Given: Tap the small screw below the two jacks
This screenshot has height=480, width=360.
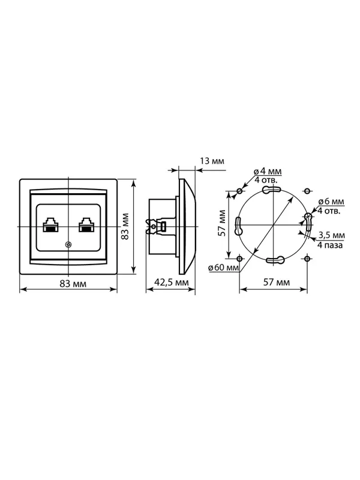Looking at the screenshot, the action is (68, 245).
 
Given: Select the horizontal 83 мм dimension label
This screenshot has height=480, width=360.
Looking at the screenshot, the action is (73, 284).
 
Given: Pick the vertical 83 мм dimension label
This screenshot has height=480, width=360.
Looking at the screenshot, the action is (125, 226).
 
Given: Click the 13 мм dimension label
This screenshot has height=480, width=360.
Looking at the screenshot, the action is (212, 161).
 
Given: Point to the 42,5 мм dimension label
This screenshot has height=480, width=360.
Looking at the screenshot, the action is (172, 282).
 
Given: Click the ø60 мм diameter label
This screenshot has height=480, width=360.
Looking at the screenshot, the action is (223, 267).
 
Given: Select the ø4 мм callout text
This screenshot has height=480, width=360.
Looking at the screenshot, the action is (268, 172).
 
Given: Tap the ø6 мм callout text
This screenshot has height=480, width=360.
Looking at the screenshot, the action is (331, 202).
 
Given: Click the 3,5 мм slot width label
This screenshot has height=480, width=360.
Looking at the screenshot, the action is (332, 235).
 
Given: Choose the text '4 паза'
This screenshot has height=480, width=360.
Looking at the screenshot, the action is (330, 245).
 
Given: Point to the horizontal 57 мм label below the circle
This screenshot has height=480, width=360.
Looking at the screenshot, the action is (277, 282).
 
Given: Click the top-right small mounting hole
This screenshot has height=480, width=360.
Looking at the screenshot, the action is (307, 191).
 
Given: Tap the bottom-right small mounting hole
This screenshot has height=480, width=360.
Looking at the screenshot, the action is (307, 259).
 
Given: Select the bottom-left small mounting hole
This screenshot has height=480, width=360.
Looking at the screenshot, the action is (239, 259).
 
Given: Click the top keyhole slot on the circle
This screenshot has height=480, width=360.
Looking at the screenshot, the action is (271, 190).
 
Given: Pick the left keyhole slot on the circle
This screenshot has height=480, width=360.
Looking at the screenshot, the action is (238, 226).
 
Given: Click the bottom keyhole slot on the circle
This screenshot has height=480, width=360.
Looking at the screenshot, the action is (275, 260).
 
